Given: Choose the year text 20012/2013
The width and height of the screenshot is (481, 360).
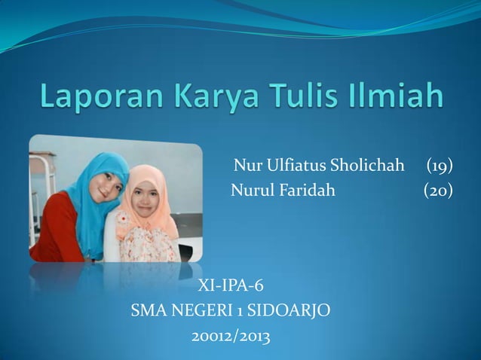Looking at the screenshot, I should (x=231, y=334).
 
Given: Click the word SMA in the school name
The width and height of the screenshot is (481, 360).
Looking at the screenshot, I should (x=148, y=310).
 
